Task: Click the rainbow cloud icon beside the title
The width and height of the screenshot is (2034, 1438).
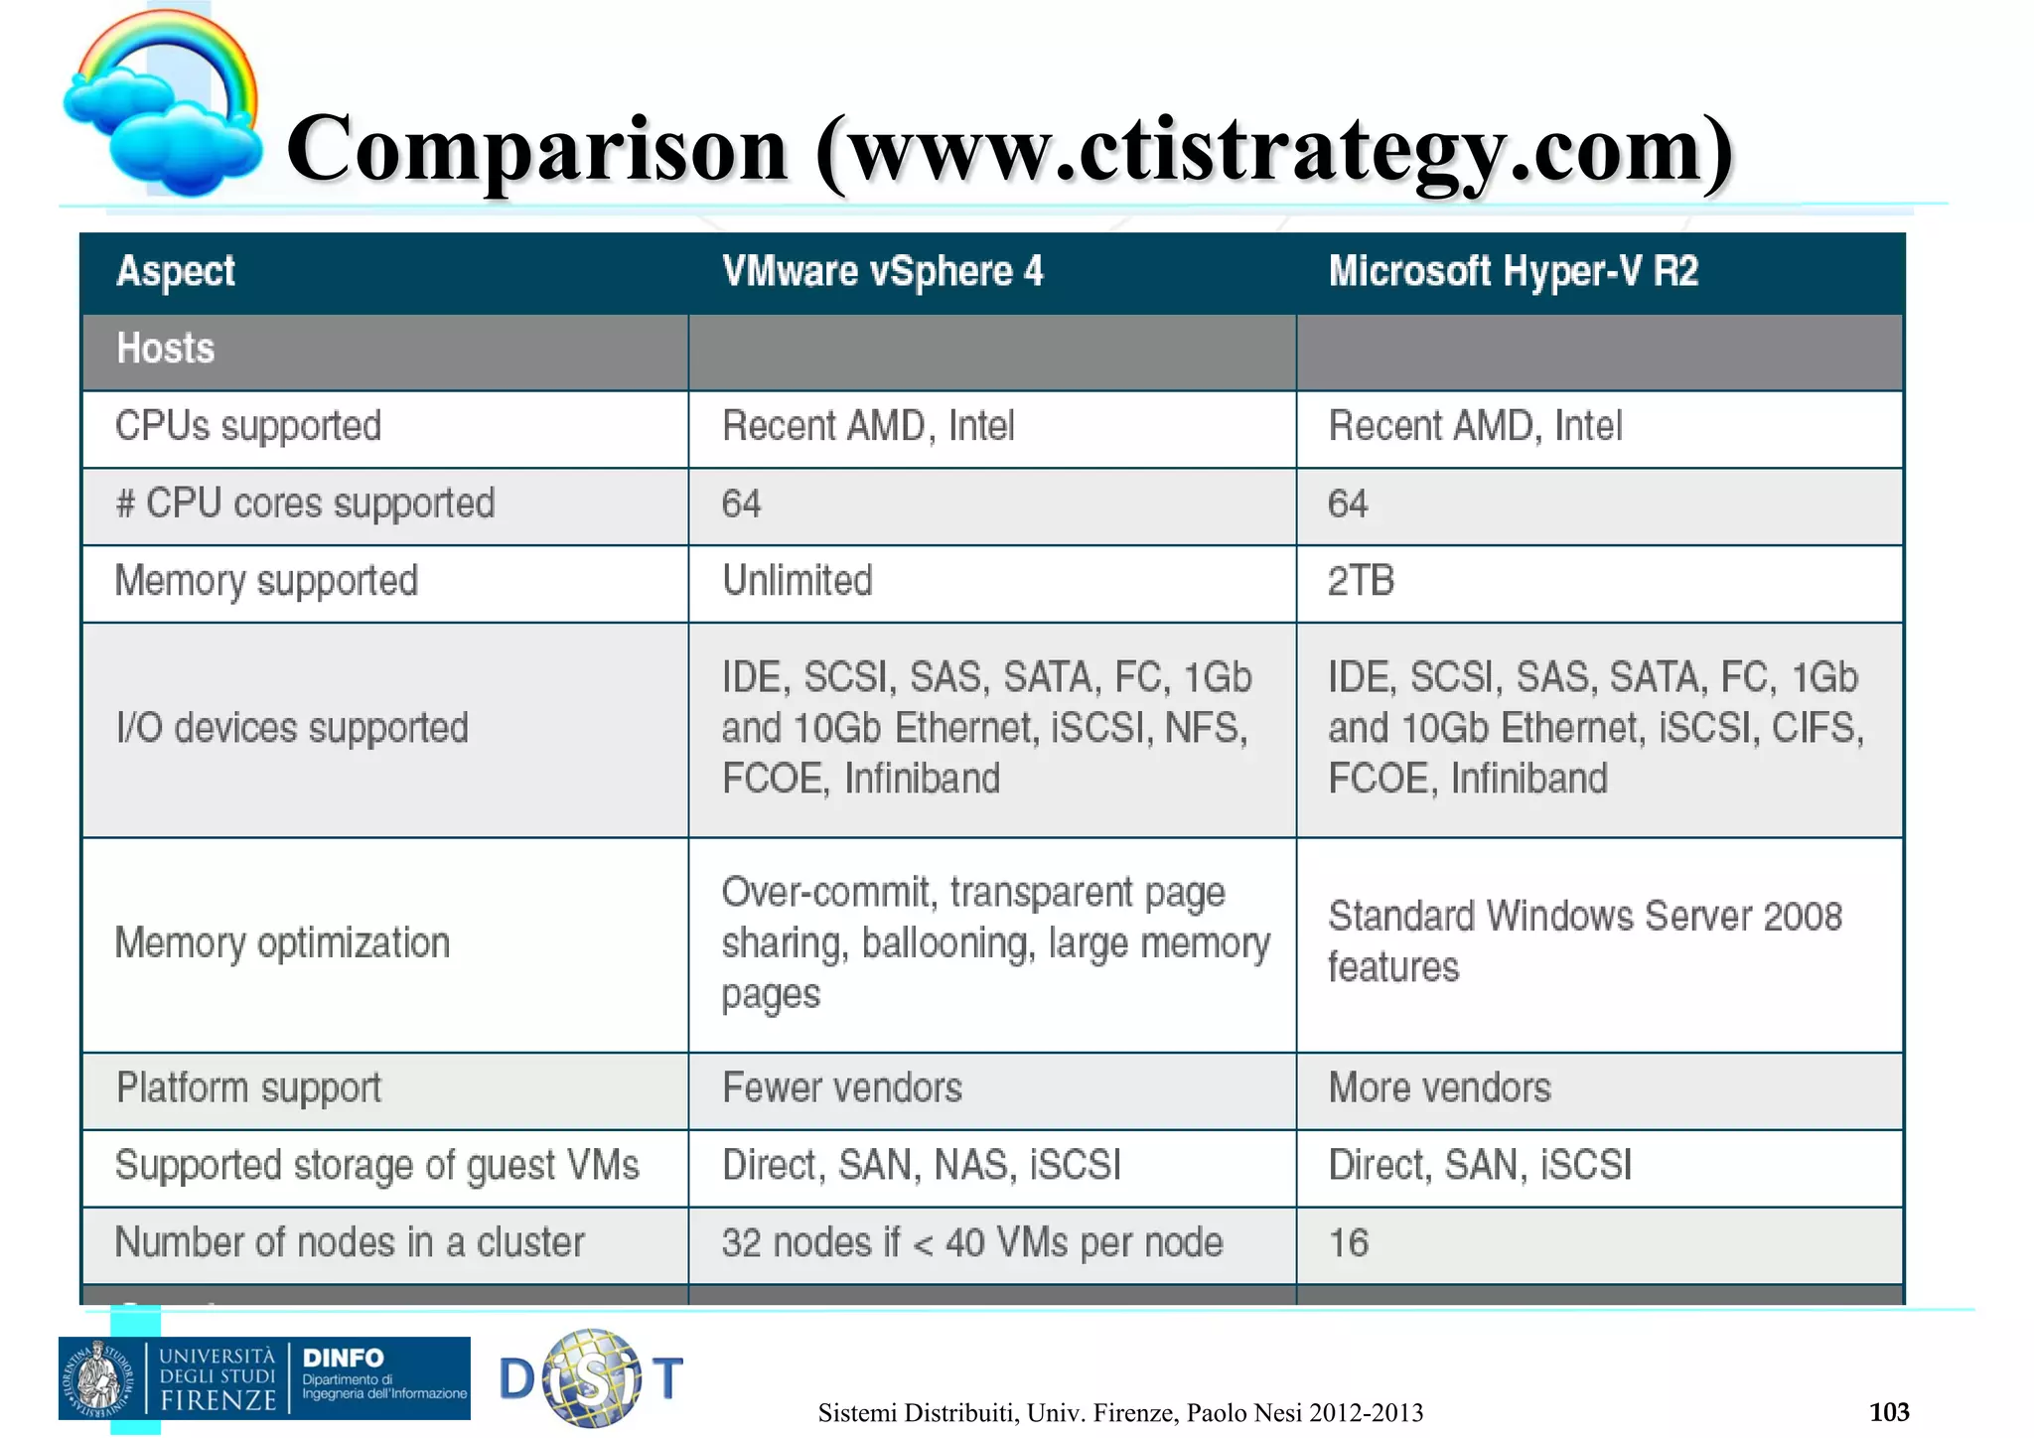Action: (164, 104)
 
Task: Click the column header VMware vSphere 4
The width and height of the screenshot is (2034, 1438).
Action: (882, 271)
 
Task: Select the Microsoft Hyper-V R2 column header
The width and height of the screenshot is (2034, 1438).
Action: (1513, 271)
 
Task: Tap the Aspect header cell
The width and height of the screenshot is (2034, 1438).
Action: (176, 271)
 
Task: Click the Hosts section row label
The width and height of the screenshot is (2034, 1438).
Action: (166, 349)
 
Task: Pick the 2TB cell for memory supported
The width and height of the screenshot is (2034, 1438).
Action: (1361, 581)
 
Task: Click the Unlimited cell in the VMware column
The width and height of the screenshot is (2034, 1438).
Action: (797, 581)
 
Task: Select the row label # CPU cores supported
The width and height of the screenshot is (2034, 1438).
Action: (305, 503)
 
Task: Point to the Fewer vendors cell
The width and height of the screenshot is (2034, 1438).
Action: (841, 1088)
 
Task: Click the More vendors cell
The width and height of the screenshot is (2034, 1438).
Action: (1439, 1088)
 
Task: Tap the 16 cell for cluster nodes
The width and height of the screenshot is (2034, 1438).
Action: (1348, 1243)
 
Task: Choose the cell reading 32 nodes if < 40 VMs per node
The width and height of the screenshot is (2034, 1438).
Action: (971, 1243)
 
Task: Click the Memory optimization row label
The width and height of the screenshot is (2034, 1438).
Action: (282, 942)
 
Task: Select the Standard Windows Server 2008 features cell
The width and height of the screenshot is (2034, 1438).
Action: (1584, 940)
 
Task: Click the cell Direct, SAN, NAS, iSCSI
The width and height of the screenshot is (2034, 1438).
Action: (921, 1165)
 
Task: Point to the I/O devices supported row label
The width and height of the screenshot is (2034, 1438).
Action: (291, 728)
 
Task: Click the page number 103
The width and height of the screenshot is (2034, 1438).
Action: (1888, 1411)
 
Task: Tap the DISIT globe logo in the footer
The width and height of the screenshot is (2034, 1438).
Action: (592, 1378)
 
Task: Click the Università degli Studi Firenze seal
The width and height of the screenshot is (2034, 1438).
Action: (97, 1377)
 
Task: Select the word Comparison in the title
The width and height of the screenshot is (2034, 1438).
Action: (536, 149)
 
